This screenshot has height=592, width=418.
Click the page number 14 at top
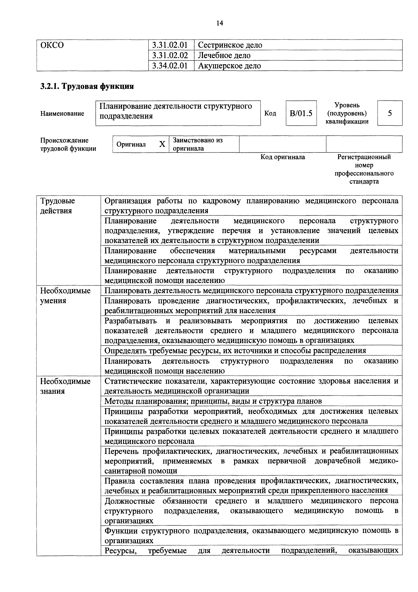[220, 23]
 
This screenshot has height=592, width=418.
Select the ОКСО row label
[52, 45]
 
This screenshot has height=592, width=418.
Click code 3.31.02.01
[170, 45]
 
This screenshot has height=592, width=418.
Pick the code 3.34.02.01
[170, 66]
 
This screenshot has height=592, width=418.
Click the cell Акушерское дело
[229, 66]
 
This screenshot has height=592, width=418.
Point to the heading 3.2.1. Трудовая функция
[87, 86]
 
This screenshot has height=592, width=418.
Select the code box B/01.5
[301, 113]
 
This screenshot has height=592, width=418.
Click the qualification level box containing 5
[390, 113]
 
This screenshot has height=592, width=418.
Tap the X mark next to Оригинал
[162, 144]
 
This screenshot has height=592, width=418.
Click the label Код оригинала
[282, 157]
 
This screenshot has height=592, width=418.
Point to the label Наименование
[62, 113]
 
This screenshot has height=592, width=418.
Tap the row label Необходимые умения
[65, 295]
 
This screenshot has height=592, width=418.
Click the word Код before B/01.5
[270, 113]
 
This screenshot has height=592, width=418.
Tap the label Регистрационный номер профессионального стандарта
[364, 169]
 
